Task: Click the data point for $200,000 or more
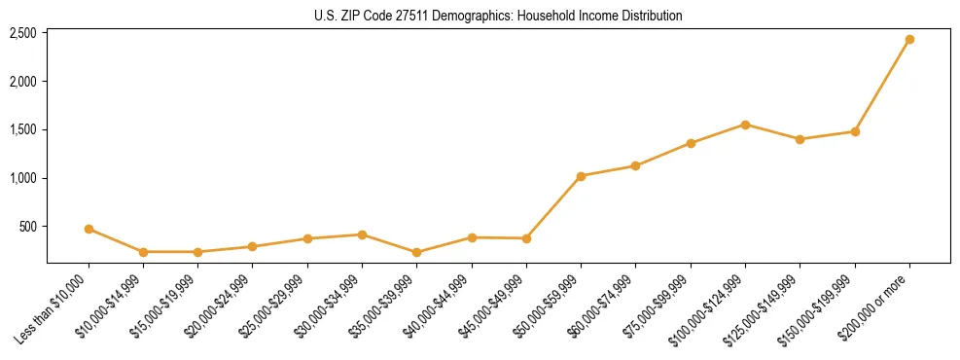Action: coord(909,40)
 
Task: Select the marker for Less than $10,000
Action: coord(89,230)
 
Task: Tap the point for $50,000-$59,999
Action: coord(581,176)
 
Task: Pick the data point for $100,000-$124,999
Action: coord(745,125)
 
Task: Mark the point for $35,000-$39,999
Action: coord(417,252)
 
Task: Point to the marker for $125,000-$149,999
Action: coord(800,139)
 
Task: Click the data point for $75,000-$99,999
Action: coord(691,143)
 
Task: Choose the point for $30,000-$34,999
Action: coord(362,234)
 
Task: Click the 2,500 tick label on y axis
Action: coord(23,33)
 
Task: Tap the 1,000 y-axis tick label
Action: coord(23,178)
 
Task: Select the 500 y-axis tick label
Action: coord(28,227)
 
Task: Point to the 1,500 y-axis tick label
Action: coord(23,129)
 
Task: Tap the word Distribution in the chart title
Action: coord(649,16)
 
